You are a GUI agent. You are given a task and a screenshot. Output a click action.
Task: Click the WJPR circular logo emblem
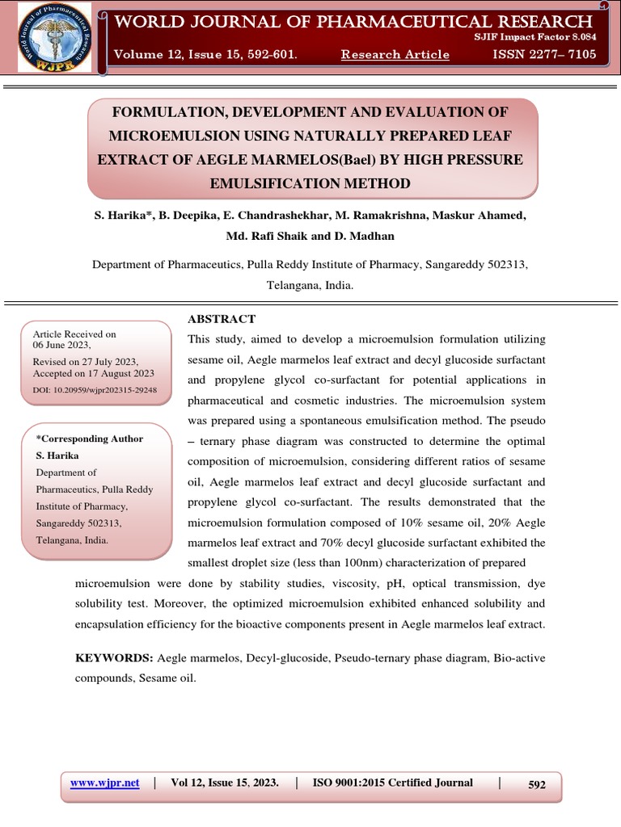[49, 36]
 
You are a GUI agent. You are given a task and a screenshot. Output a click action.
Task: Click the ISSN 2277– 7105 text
[544, 54]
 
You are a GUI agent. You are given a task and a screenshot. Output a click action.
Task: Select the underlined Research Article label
[395, 54]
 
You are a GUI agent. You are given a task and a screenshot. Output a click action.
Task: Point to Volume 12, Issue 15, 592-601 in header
[205, 54]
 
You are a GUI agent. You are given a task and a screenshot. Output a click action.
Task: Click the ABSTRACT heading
[221, 319]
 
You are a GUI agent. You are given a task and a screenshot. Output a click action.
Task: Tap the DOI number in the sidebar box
[95, 390]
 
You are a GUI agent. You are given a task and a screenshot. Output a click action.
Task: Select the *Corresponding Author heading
[90, 439]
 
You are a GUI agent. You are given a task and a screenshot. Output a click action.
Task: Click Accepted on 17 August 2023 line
[93, 374]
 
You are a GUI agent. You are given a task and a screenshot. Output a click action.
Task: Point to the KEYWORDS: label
[113, 658]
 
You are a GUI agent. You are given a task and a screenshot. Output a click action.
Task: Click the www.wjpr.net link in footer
[105, 783]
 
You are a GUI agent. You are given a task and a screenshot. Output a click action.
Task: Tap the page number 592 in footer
[537, 784]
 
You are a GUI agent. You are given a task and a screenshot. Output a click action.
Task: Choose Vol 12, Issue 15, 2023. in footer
[225, 783]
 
